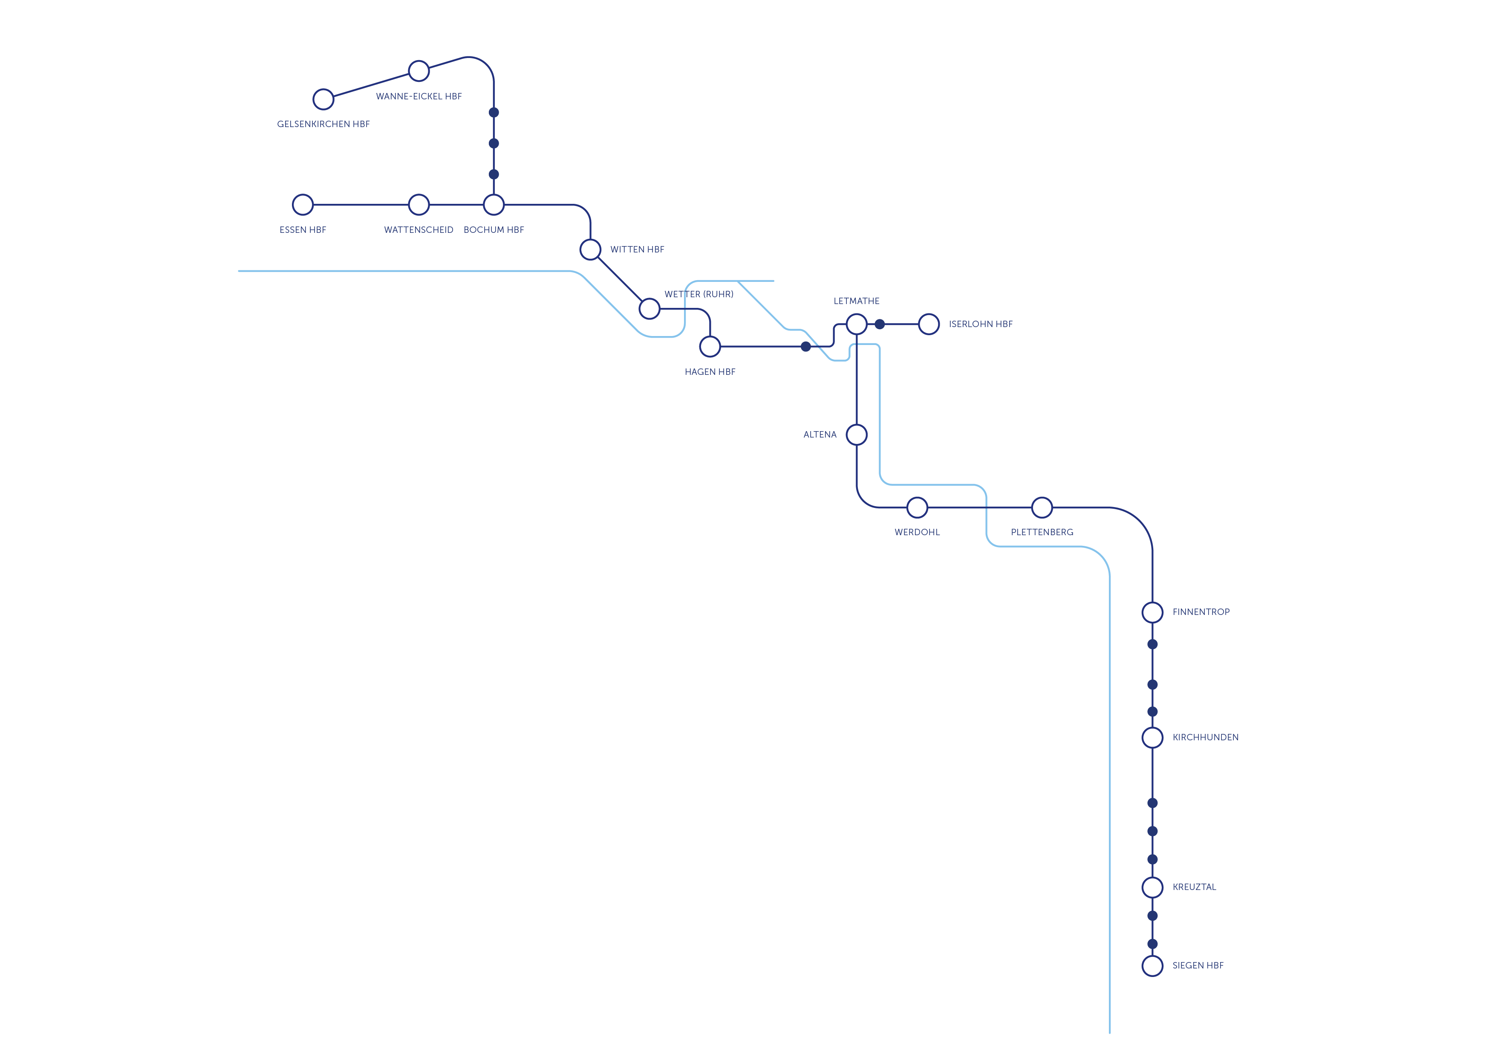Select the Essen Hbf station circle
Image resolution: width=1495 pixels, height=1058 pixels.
pyautogui.click(x=303, y=205)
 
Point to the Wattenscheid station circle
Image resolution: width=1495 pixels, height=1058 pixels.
pyautogui.click(x=418, y=205)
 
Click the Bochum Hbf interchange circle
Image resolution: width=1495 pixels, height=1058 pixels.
pyautogui.click(x=494, y=205)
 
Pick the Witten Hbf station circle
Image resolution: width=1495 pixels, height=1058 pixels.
pyautogui.click(x=590, y=249)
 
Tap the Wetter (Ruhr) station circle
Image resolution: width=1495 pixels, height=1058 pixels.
pyautogui.click(x=649, y=309)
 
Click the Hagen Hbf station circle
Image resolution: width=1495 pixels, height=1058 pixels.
pyautogui.click(x=710, y=347)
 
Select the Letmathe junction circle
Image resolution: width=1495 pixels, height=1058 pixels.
pyautogui.click(x=856, y=324)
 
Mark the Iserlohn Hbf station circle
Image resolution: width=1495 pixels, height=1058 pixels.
pyautogui.click(x=929, y=324)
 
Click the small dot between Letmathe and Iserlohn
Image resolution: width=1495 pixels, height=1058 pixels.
pyautogui.click(x=880, y=324)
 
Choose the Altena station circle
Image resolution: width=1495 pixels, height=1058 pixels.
pyautogui.click(x=856, y=435)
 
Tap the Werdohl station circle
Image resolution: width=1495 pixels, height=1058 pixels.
pyautogui.click(x=917, y=507)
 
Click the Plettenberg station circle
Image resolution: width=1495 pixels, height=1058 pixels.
pyautogui.click(x=1042, y=507)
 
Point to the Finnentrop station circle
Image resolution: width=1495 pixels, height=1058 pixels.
pyautogui.click(x=1152, y=612)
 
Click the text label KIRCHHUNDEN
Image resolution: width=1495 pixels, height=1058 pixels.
pyautogui.click(x=1205, y=737)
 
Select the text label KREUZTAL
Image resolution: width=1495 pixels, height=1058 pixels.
pyautogui.click(x=1194, y=887)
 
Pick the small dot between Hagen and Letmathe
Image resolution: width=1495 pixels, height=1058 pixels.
pyautogui.click(x=805, y=347)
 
